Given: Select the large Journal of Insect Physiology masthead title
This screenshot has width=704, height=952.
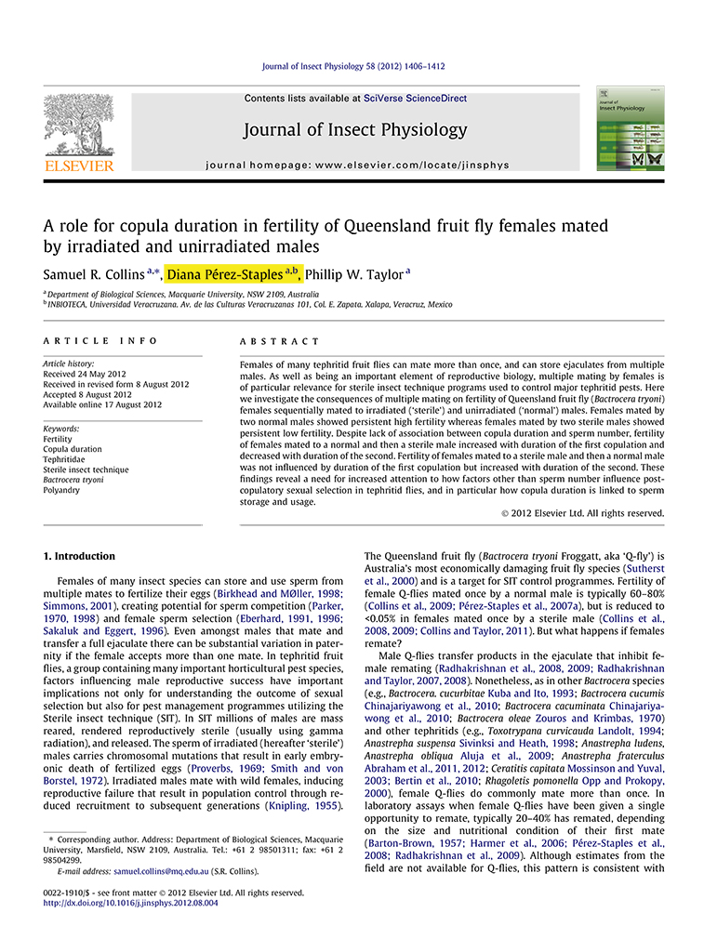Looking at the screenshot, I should click(355, 129).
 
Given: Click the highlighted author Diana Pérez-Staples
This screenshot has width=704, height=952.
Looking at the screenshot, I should click(233, 274).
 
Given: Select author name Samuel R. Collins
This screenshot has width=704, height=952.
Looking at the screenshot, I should click(93, 275).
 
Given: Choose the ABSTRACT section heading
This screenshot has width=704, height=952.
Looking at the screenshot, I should click(279, 342).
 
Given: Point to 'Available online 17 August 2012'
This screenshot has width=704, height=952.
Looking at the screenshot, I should click(102, 404).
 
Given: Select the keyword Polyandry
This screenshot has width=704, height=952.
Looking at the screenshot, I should click(62, 490).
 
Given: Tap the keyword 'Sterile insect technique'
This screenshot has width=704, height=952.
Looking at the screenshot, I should click(86, 469).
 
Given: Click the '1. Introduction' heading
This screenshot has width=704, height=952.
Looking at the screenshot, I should click(80, 556).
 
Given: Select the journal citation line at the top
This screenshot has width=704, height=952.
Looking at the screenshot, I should click(353, 67).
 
